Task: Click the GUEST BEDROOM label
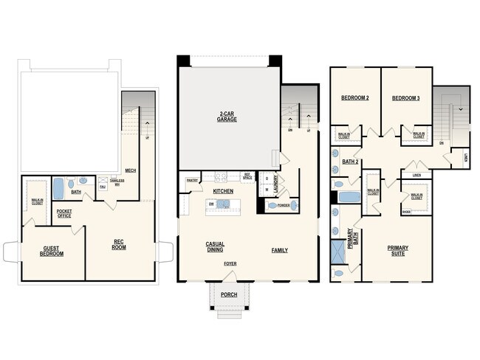click(x=52, y=252)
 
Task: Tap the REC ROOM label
click(x=119, y=244)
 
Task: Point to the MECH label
click(x=131, y=170)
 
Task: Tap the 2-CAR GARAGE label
click(x=227, y=116)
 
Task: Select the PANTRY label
click(x=192, y=179)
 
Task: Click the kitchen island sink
click(x=223, y=204)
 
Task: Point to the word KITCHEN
click(x=224, y=191)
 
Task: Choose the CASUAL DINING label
click(x=215, y=247)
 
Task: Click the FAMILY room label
click(x=279, y=250)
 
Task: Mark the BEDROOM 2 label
click(x=354, y=98)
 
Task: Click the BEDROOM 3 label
click(x=405, y=98)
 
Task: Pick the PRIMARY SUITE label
click(x=398, y=251)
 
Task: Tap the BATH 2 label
click(x=352, y=162)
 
